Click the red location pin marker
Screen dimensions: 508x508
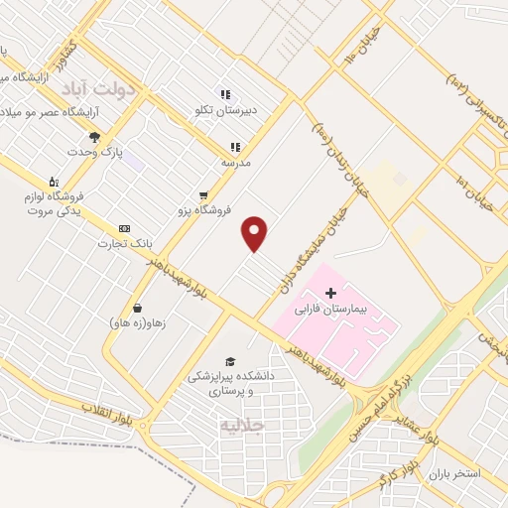[x=255, y=234]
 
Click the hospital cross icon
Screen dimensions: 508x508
[x=331, y=293]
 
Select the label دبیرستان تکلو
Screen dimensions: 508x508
[x=225, y=111]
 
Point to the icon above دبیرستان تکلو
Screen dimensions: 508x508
[x=225, y=95]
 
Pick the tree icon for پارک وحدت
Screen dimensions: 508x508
[x=94, y=137]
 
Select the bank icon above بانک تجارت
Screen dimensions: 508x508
[x=124, y=228]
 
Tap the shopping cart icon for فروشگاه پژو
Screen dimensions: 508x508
[x=203, y=195]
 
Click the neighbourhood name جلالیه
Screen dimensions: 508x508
[x=244, y=427]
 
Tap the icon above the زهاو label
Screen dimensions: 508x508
[x=136, y=307]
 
